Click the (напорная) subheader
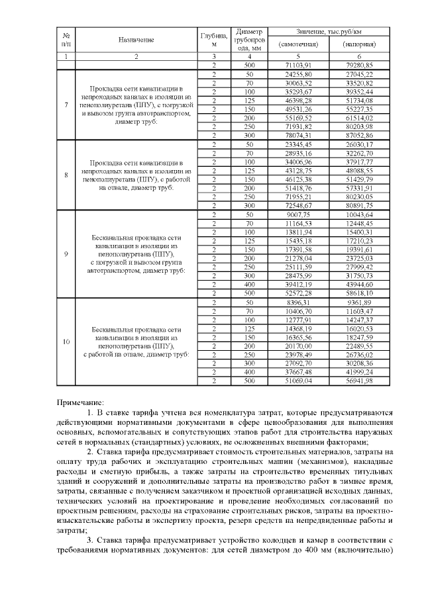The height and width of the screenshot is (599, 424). (359, 44)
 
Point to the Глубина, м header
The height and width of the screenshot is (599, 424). (214, 39)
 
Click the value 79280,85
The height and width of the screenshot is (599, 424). (359, 65)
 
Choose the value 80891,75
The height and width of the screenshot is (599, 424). (359, 205)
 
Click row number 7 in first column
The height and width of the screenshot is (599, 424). (66, 104)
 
